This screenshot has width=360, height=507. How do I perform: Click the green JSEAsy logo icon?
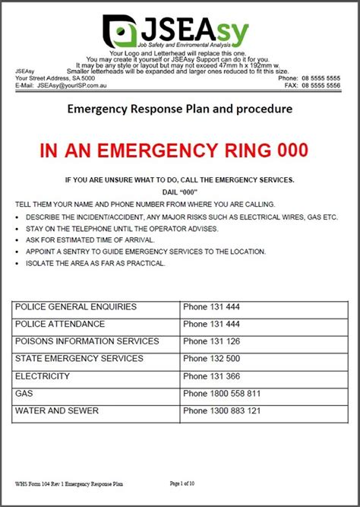[x=122, y=31]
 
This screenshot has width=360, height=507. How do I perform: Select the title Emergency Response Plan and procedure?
[x=180, y=109]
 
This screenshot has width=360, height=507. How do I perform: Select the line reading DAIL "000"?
[x=180, y=192]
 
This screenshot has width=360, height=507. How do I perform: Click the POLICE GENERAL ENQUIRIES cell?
[x=76, y=307]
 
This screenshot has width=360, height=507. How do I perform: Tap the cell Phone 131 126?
[x=212, y=341]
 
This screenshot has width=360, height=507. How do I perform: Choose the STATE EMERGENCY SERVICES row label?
[x=79, y=359]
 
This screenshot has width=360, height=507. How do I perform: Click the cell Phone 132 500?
[x=212, y=359]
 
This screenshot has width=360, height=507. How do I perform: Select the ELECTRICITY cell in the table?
[x=43, y=376]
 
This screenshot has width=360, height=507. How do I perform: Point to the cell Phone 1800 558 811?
[x=222, y=394]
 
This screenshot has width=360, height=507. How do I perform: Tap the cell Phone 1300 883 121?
[x=222, y=411]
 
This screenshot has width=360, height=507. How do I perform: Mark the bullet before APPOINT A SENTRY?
[x=17, y=252]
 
